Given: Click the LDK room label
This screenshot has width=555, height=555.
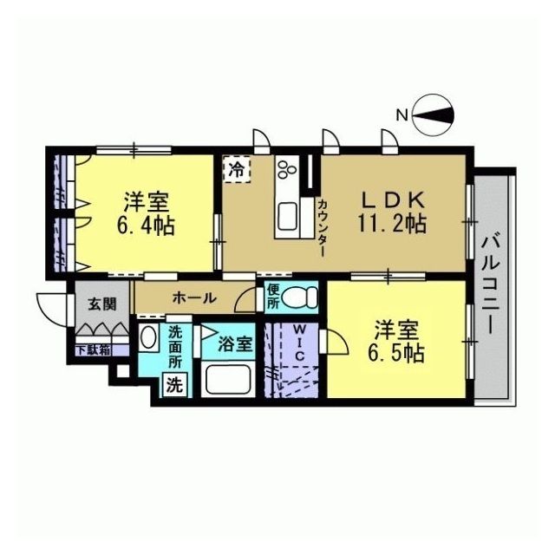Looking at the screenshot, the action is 392,200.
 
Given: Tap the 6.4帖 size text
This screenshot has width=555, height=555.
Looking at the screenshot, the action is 146,225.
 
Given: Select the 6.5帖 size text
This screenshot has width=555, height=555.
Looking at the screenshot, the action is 396,352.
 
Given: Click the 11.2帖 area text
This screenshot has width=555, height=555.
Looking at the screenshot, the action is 392,224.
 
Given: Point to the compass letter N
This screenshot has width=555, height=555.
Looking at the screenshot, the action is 402,115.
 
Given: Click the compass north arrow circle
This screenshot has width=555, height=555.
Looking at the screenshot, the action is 434,115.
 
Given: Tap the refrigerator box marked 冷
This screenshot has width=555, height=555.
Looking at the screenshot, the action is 237,169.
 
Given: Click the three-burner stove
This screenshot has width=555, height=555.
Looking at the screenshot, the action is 287,169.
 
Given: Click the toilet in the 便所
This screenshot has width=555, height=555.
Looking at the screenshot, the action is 300,297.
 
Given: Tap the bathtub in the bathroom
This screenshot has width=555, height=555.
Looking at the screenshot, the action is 228,380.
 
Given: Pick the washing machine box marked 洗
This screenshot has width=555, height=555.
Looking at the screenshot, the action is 175,385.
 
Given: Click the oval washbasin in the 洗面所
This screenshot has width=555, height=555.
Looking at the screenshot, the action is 148,336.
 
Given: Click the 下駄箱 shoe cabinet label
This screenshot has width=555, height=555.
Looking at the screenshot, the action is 94,350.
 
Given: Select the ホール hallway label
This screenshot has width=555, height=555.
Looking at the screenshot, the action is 194,298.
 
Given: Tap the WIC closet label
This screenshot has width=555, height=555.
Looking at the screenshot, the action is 299,343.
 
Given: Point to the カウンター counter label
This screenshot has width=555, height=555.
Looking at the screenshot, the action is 323,228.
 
